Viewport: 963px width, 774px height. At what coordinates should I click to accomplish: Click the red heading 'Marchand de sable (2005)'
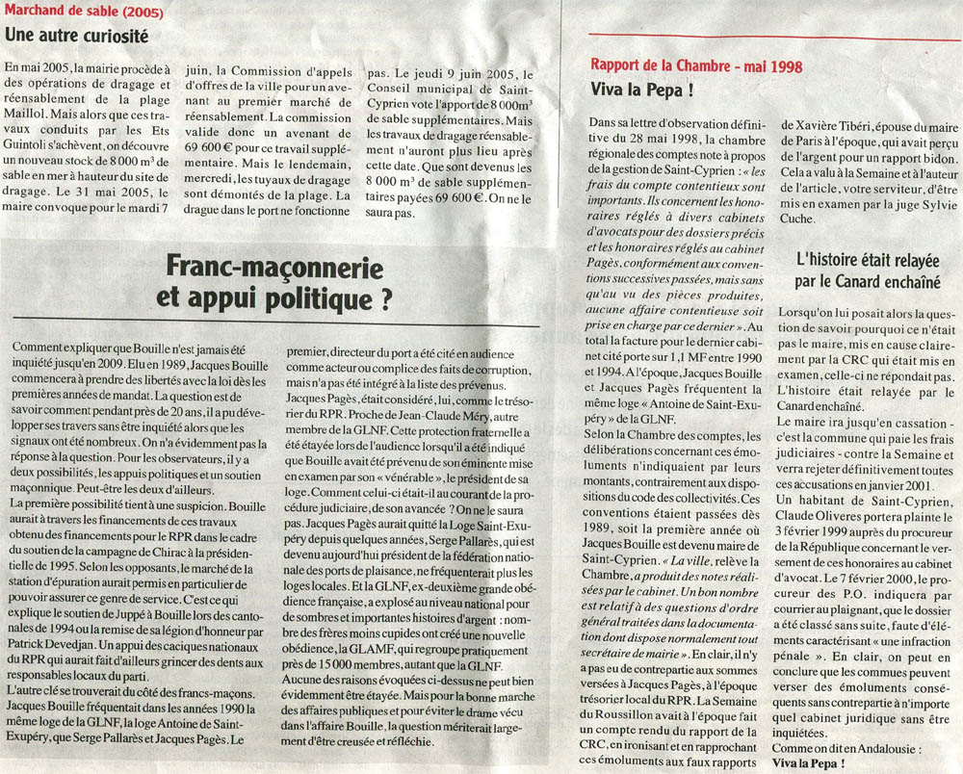[84, 13]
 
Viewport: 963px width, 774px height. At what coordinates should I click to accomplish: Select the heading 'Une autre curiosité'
[77, 36]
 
